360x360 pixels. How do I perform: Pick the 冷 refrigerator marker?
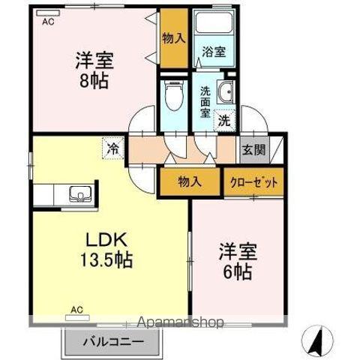(x=112, y=148)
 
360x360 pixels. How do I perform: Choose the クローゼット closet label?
(x=253, y=182)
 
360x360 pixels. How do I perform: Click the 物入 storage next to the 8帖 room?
(x=173, y=38)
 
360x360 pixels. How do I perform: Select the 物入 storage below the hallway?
(x=189, y=181)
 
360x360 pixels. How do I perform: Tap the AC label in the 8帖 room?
(x=48, y=22)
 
